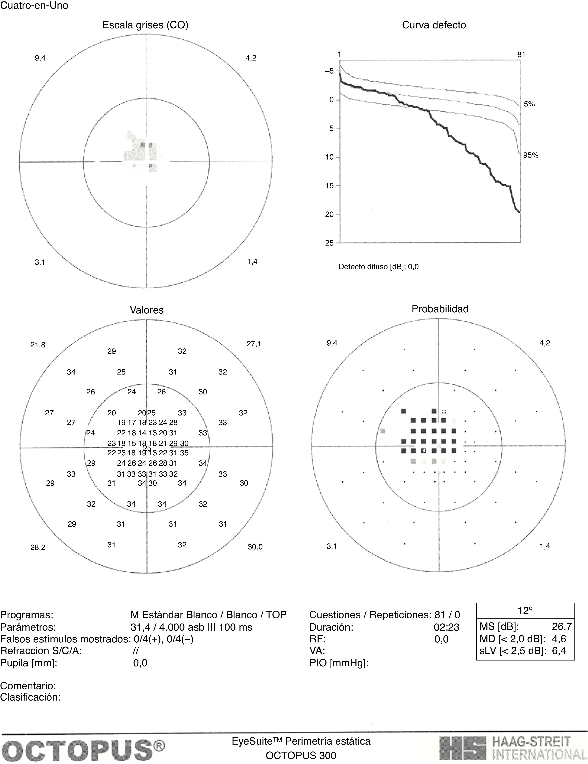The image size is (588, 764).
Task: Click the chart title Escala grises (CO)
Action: tap(145, 25)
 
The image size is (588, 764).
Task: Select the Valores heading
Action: tap(147, 310)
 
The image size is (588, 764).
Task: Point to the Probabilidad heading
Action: tap(440, 309)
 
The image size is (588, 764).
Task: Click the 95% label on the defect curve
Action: tap(531, 155)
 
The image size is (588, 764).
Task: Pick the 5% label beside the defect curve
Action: tap(529, 104)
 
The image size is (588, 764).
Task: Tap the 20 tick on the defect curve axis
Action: tap(329, 215)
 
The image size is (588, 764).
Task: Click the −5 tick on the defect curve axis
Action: tap(329, 71)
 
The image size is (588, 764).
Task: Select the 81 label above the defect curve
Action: tap(521, 55)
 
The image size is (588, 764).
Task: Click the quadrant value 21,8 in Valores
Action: tap(38, 345)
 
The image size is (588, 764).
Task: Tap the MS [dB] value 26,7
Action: tap(562, 626)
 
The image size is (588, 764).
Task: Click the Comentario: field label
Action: tap(28, 685)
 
